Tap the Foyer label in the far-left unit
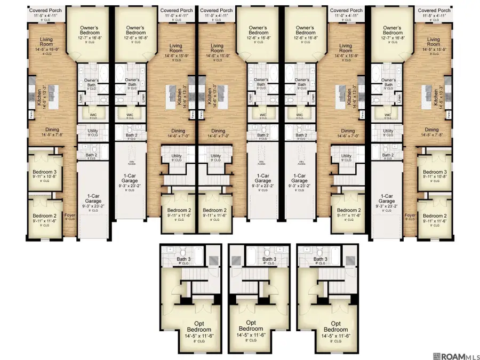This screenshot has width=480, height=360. point(69,217)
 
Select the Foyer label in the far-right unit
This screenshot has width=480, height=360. point(410,217)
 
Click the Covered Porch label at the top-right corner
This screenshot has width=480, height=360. point(434,10)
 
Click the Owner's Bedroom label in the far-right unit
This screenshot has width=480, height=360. point(392,31)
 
